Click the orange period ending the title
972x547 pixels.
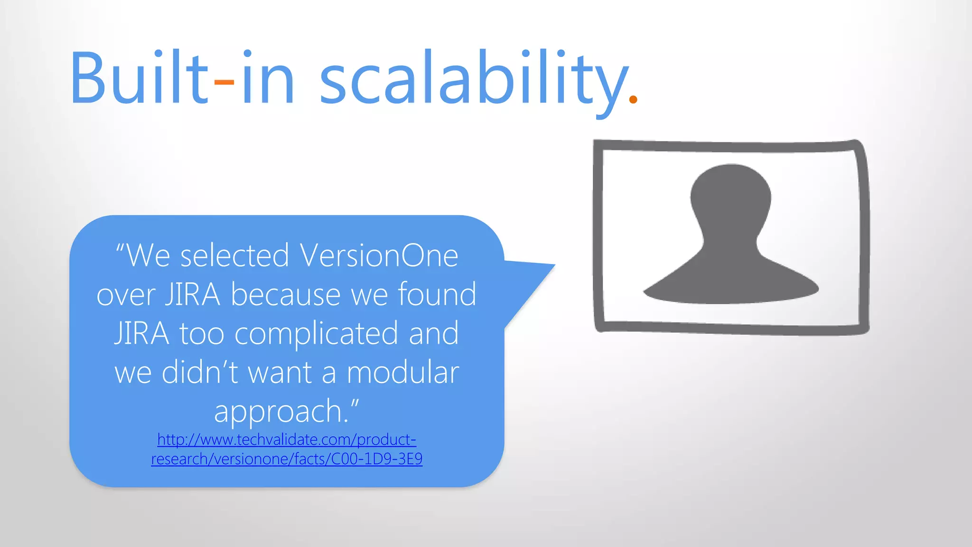[633, 99]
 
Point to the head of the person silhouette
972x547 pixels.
[730, 195]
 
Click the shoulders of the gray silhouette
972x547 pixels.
[730, 285]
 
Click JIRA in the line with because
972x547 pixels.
[192, 294]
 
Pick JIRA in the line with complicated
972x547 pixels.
[141, 333]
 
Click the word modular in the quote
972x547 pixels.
[402, 372]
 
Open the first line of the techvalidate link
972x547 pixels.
[287, 440]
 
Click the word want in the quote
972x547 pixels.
[280, 372]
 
